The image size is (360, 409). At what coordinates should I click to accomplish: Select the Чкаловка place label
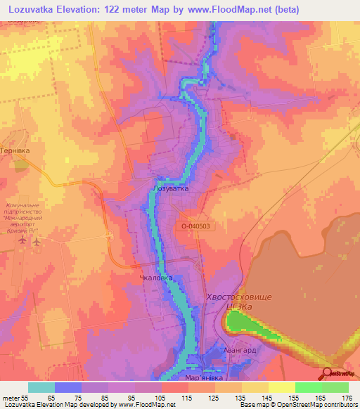coord(157,278)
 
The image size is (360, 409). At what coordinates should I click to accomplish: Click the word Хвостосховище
coord(239,297)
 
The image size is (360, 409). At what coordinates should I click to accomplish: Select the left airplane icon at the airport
coord(24,241)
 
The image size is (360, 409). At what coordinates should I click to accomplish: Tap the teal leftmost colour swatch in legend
coord(41,387)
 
